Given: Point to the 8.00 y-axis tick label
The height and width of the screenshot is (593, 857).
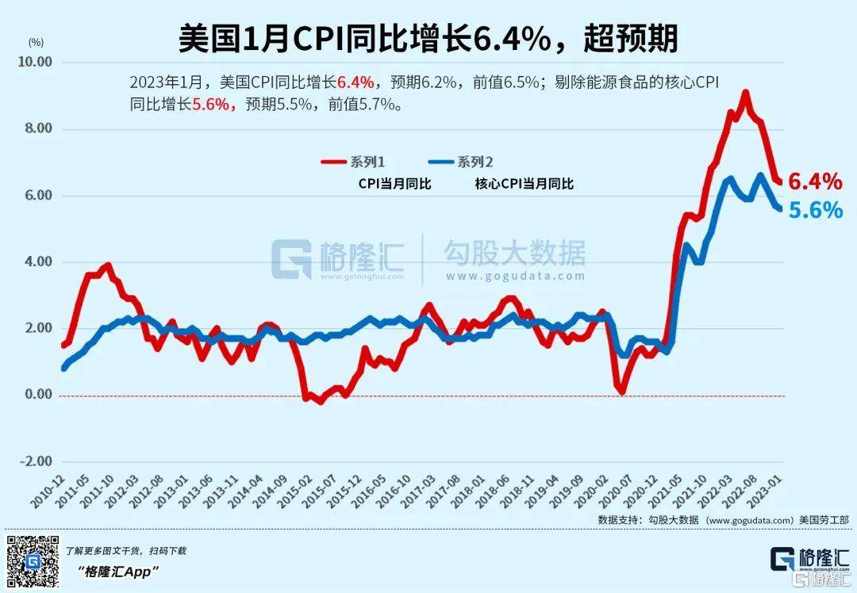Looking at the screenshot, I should tap(37, 128).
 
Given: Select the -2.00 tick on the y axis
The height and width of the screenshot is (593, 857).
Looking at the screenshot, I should tap(35, 461).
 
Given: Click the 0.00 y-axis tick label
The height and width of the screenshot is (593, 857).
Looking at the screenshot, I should tap(37, 395).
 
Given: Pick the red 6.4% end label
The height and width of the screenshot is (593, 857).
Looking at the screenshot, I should tap(815, 182).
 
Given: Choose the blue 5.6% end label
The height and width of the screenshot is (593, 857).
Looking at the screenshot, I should tap(815, 209).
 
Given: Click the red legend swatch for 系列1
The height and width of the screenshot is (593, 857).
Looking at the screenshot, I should tap(334, 163).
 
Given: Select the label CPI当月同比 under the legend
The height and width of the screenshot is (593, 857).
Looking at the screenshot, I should tap(394, 184).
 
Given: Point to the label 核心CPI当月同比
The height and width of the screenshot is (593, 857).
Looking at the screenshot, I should tap(524, 184).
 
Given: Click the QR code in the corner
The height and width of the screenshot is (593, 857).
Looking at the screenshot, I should tap(33, 561).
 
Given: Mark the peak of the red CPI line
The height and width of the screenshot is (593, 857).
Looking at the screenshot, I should tap(745, 93).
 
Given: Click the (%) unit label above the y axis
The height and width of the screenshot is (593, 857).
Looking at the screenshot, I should tap(36, 40).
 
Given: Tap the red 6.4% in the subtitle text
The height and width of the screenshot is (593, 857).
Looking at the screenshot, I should tap(355, 82).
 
